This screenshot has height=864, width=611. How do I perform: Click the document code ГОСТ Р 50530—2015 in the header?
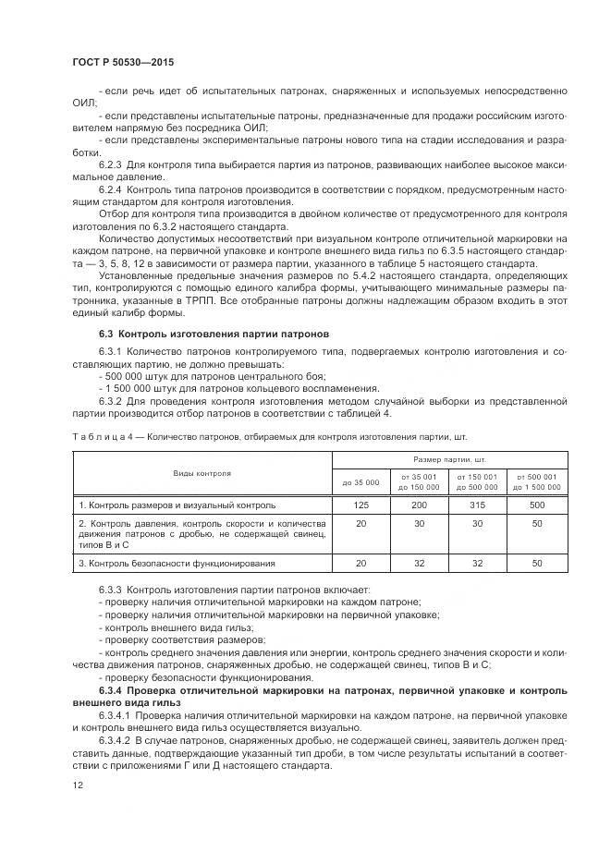click(x=122, y=62)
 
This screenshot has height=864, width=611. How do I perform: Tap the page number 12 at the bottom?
click(x=77, y=785)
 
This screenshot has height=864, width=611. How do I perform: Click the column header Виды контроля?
click(x=202, y=472)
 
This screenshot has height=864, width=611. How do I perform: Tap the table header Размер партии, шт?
click(x=449, y=458)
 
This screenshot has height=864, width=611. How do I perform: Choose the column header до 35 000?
click(x=360, y=482)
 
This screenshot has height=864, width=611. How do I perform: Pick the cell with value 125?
click(x=360, y=505)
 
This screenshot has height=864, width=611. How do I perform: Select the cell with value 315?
click(x=476, y=505)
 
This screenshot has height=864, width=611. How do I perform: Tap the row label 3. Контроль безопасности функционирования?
click(x=176, y=563)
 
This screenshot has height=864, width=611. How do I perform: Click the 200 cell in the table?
click(x=418, y=505)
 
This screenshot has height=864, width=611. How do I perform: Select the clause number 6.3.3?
click(x=114, y=589)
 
